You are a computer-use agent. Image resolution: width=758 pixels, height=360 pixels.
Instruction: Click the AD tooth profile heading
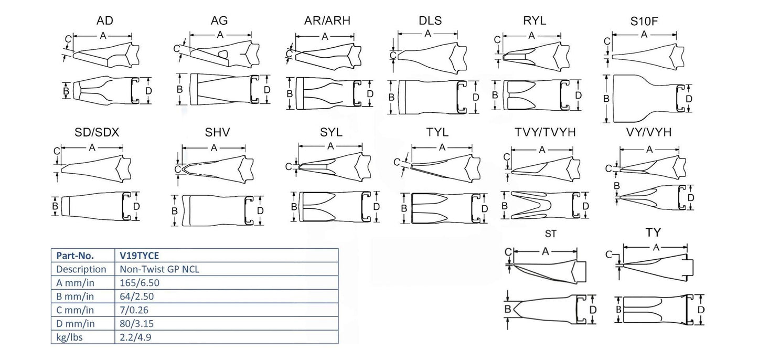click(x=104, y=21)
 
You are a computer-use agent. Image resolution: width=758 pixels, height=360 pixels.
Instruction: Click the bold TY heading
click(x=653, y=232)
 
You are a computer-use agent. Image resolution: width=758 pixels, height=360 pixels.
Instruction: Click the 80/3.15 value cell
click(x=136, y=323)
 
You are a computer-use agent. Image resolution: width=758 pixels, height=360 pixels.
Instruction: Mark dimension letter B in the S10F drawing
click(x=607, y=98)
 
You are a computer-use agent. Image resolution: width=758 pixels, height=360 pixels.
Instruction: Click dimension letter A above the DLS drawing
click(x=428, y=34)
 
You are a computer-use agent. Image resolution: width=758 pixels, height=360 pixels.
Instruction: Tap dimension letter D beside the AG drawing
click(x=267, y=90)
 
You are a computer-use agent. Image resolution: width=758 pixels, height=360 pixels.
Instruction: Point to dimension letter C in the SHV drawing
click(x=177, y=169)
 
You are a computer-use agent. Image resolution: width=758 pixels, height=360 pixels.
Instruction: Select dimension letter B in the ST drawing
click(x=507, y=309)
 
